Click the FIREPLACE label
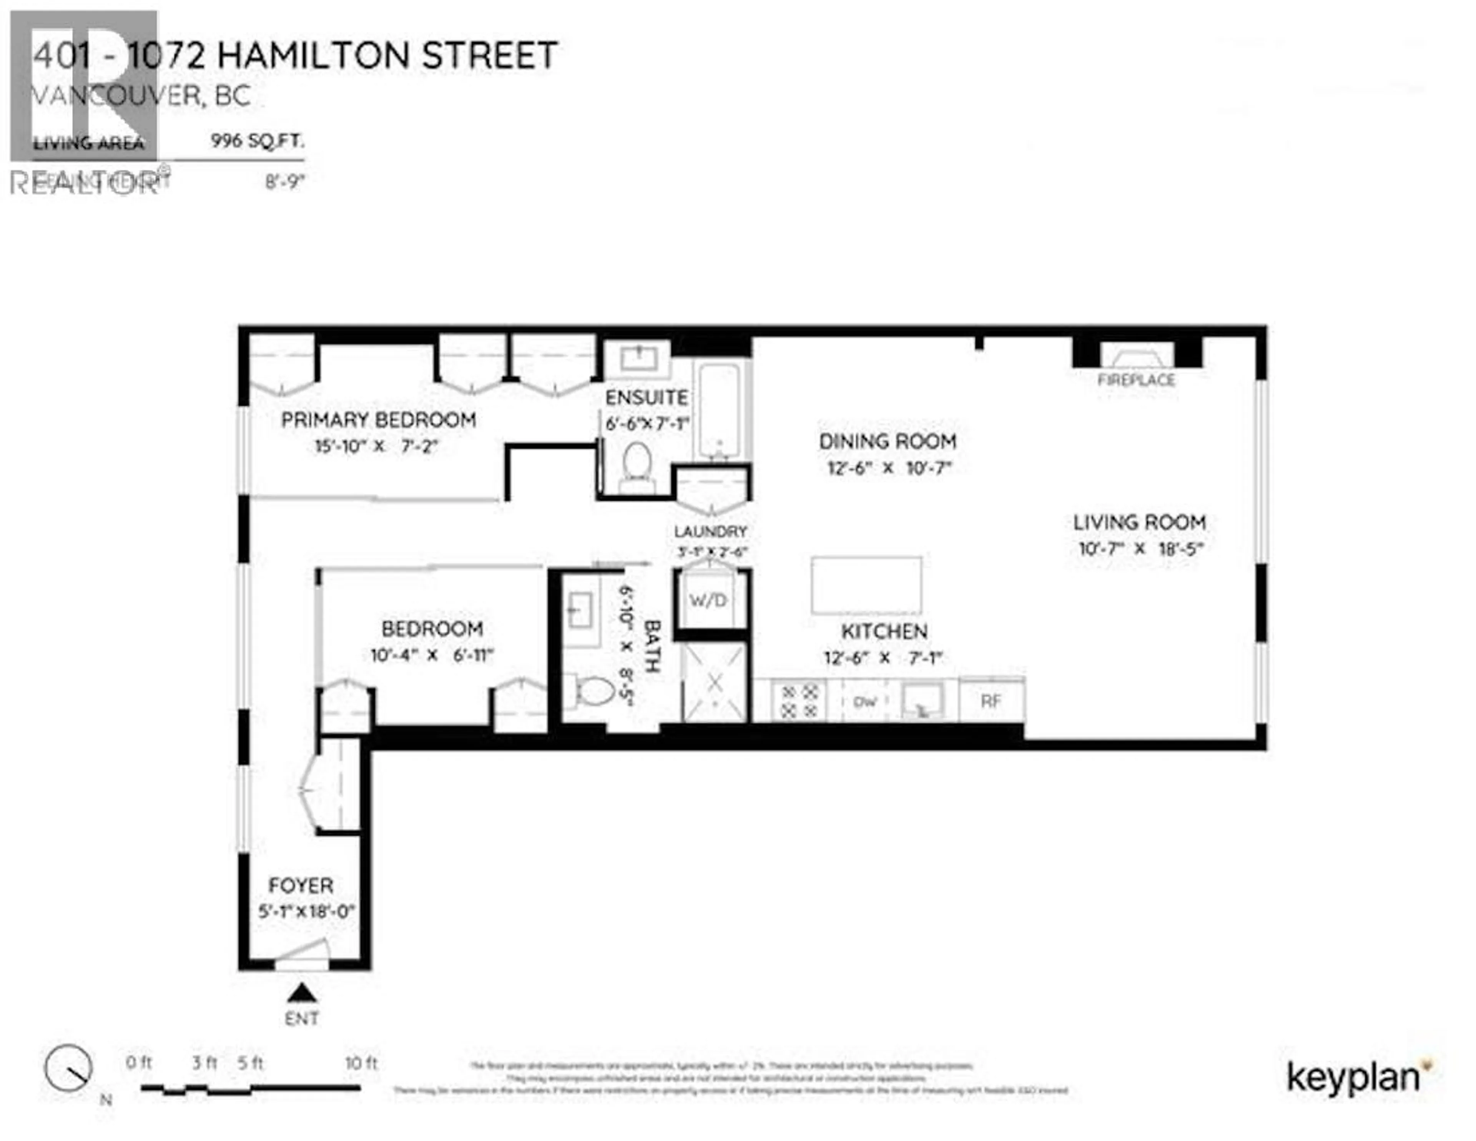[1136, 380]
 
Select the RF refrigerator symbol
[991, 701]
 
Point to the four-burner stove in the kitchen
[799, 701]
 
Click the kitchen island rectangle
[866, 585]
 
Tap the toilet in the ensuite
[636, 466]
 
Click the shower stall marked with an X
[714, 682]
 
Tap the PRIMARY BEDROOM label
[379, 420]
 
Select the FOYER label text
[301, 885]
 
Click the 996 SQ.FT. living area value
[258, 141]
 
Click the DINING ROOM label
[888, 441]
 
